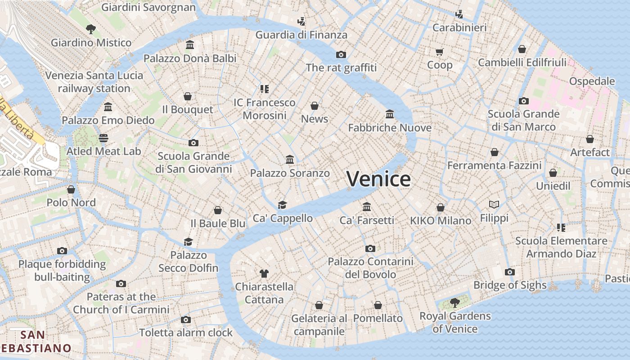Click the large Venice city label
click(x=378, y=179)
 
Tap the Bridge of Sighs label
click(x=510, y=285)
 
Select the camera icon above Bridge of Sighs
click(x=510, y=272)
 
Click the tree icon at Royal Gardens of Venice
click(x=454, y=302)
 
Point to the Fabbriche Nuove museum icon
click(x=390, y=114)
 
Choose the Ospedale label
click(x=592, y=81)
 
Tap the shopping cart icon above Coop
click(x=440, y=52)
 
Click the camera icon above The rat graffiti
click(x=341, y=54)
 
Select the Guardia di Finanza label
click(x=301, y=35)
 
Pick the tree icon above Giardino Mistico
click(x=91, y=29)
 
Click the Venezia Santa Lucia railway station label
click(x=94, y=82)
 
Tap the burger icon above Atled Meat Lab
click(x=104, y=138)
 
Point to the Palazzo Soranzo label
click(x=290, y=173)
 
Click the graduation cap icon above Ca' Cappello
click(x=282, y=205)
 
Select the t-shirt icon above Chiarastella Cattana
click(x=264, y=273)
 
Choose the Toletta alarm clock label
click(x=185, y=333)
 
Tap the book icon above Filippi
click(x=494, y=205)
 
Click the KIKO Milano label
click(x=441, y=221)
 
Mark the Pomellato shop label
click(x=378, y=319)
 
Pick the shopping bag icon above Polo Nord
click(x=71, y=189)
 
